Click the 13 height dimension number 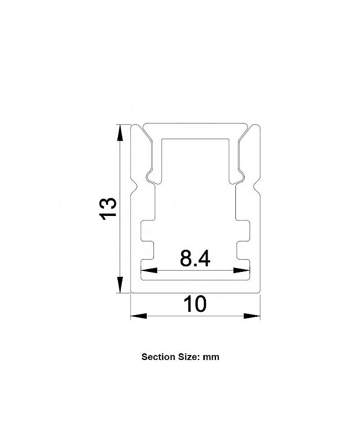pyautogui.click(x=107, y=209)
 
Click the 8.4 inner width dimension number pyautogui.click(x=195, y=259)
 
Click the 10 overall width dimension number pyautogui.click(x=195, y=304)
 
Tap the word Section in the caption pyautogui.click(x=158, y=357)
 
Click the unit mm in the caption pyautogui.click(x=211, y=357)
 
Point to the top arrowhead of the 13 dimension pyautogui.click(x=120, y=132)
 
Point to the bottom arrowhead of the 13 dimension pyautogui.click(x=120, y=285)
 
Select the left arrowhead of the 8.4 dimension pyautogui.click(x=149, y=270)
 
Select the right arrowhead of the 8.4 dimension pyautogui.click(x=241, y=270)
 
